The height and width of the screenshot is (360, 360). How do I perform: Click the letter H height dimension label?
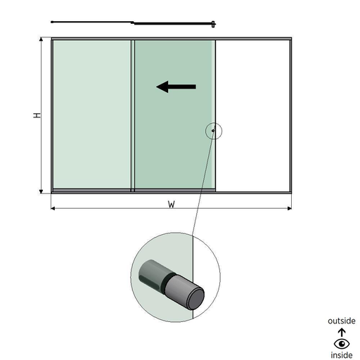37,115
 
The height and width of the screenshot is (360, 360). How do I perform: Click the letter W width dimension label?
172,205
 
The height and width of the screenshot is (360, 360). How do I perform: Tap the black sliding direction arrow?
176,86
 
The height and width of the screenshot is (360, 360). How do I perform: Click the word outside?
342,321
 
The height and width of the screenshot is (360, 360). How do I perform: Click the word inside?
342,355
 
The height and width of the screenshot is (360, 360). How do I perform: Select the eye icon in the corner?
342,344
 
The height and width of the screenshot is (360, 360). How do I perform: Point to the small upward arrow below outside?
342,333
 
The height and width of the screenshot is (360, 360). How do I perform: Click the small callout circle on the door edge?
214,123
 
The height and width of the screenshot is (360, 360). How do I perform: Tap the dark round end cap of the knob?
196,299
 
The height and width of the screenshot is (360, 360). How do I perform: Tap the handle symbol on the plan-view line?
213,24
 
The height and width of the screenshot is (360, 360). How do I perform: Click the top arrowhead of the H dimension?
41,39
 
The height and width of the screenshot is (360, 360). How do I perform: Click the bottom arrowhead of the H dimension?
41,192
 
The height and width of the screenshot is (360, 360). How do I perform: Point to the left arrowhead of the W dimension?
53,208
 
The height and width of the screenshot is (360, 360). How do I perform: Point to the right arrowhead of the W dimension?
290,208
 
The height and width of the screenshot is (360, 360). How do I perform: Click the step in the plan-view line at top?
133,22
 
